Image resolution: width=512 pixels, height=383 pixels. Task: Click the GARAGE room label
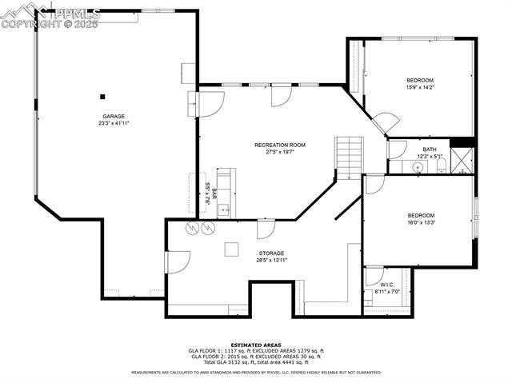(114, 117)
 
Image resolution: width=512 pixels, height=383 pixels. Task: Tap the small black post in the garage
(102, 96)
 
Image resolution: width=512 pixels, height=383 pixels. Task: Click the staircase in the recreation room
(349, 157)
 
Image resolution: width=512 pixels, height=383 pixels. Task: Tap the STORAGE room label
(271, 253)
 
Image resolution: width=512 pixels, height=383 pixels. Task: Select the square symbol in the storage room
(231, 249)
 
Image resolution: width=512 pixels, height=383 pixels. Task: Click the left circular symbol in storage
(192, 228)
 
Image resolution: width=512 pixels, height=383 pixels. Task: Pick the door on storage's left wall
(177, 261)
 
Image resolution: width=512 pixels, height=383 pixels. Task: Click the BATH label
(430, 150)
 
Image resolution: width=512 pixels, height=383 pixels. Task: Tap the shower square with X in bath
(462, 162)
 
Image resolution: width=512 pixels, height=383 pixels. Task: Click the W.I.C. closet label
(387, 285)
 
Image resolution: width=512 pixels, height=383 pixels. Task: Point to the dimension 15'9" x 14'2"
(420, 87)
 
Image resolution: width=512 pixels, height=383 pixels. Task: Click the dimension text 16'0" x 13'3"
(420, 222)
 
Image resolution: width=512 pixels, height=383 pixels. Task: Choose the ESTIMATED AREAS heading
(256, 345)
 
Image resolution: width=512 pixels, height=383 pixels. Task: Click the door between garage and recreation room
(210, 102)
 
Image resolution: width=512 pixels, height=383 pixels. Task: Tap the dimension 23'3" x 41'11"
(114, 123)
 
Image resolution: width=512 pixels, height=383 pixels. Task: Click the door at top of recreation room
(280, 95)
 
